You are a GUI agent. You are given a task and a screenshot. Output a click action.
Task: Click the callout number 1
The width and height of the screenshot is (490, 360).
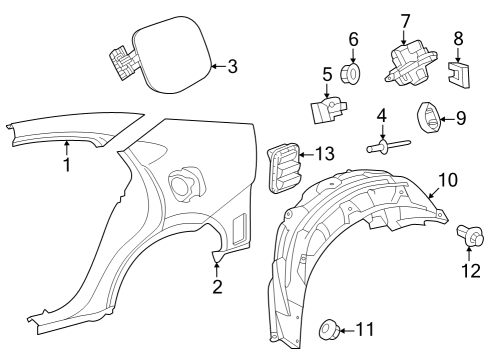click(67, 166)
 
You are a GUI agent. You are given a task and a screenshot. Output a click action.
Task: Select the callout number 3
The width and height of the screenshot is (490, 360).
click(232, 67)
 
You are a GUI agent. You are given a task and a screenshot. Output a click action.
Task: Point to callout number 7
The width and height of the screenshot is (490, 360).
click(406, 20)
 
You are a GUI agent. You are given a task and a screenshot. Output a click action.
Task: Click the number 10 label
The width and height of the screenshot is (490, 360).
click(447, 180)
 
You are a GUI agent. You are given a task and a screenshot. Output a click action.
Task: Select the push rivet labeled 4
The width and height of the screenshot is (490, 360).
click(380, 150)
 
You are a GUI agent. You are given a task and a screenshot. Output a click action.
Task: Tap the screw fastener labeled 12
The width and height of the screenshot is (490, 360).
click(468, 237)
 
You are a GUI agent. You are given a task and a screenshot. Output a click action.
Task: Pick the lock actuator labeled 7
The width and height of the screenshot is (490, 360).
click(408, 61)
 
